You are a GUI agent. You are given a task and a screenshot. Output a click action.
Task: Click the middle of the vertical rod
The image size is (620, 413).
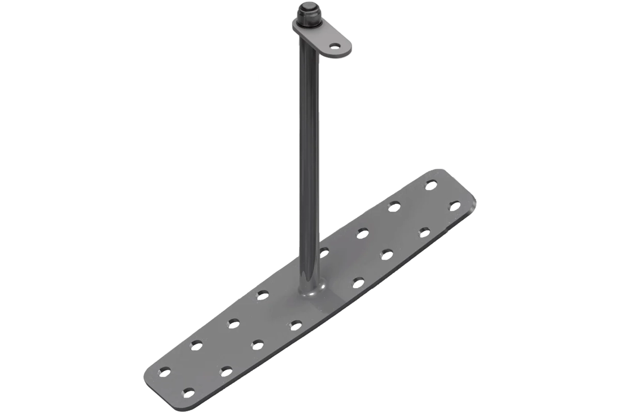coord(308,155)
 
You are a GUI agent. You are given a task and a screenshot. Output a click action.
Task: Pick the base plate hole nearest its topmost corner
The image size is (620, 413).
coord(430,183)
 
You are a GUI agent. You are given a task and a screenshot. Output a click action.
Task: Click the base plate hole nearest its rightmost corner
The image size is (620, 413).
coord(454,204)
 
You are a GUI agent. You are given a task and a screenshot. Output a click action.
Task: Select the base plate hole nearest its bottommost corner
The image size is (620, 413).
coord(189,391)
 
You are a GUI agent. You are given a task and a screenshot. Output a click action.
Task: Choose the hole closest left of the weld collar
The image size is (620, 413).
coord(262,294)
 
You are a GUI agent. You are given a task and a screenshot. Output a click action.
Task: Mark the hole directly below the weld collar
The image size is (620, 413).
coord(296,324)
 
